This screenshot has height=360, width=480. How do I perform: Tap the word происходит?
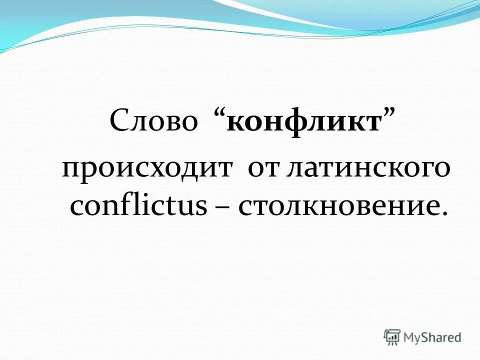tap(147, 170)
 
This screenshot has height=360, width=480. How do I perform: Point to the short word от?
tap(263, 170)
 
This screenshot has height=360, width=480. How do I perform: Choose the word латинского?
tap(368, 170)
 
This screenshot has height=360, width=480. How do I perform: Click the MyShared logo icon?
tap(391, 337)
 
